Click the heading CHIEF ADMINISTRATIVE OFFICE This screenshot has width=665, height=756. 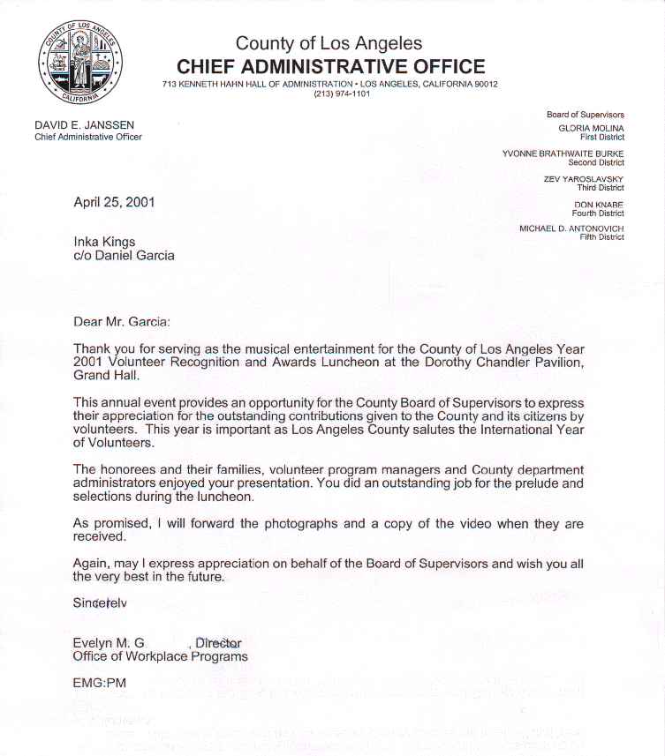click(x=330, y=66)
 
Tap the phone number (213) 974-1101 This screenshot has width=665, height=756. click(x=342, y=94)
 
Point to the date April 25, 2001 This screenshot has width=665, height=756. click(x=114, y=202)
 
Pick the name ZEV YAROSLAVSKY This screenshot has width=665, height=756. click(x=583, y=179)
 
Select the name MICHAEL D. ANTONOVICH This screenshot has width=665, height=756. click(x=571, y=228)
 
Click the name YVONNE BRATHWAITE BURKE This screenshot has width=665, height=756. click(x=563, y=153)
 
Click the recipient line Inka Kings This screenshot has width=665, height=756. click(x=104, y=242)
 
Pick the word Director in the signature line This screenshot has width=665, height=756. click(x=218, y=644)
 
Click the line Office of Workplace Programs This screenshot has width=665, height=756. click(x=160, y=657)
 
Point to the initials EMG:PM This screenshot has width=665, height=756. click(x=100, y=683)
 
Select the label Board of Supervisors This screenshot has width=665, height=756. click(x=585, y=115)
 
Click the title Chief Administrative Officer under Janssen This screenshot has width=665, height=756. click(x=88, y=137)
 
